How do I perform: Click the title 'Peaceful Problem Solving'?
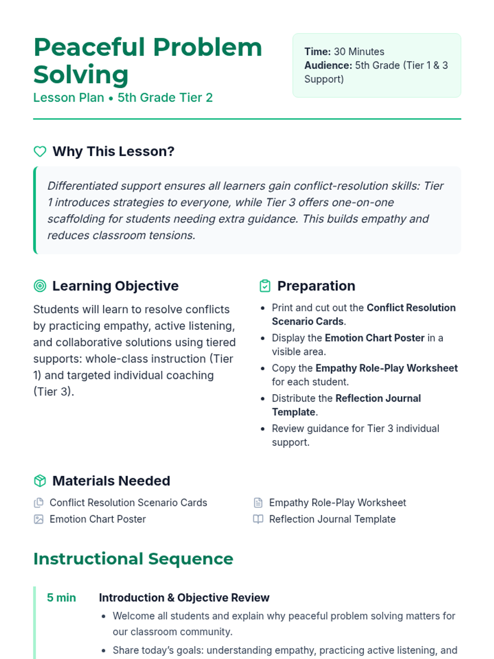[x=147, y=61]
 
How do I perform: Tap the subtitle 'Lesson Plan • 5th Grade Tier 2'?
[x=123, y=98]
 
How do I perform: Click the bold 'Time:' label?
[x=317, y=51]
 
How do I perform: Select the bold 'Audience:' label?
[x=328, y=65]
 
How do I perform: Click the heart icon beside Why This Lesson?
[x=40, y=152]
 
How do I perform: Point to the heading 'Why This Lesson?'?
[x=113, y=152]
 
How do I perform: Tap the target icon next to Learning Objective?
[x=40, y=286]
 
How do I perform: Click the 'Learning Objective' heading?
[x=115, y=286]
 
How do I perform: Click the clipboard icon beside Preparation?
[x=265, y=286]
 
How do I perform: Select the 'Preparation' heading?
[x=316, y=286]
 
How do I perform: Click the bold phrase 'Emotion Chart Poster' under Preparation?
[x=374, y=338]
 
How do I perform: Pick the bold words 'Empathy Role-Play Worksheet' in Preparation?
[x=386, y=368]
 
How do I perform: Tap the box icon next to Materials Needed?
[x=40, y=481]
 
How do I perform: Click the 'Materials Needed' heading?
[x=111, y=481]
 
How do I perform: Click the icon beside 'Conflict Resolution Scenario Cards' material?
[x=39, y=502]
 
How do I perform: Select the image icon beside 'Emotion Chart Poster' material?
[x=39, y=519]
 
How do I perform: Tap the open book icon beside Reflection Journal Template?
[x=258, y=519]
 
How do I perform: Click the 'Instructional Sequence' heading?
[x=133, y=559]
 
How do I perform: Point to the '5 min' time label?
[x=61, y=598]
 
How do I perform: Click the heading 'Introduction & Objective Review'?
[x=184, y=598]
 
